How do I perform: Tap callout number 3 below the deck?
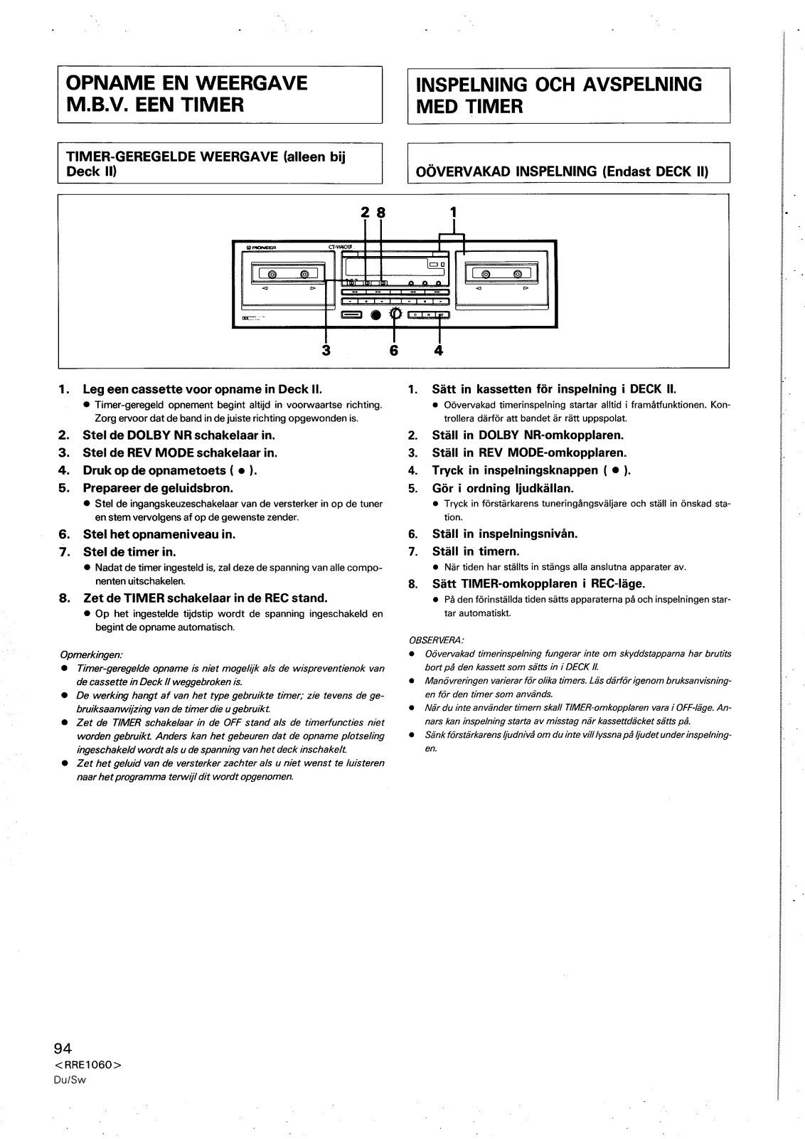[x=326, y=350]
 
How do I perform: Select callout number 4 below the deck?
[x=439, y=350]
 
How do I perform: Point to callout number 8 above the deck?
[x=380, y=211]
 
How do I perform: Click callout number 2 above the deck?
[x=365, y=211]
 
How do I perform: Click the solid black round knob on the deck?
[x=374, y=315]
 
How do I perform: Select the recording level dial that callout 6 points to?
[x=395, y=314]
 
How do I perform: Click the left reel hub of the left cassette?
[x=271, y=275]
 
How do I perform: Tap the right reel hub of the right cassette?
[x=518, y=275]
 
